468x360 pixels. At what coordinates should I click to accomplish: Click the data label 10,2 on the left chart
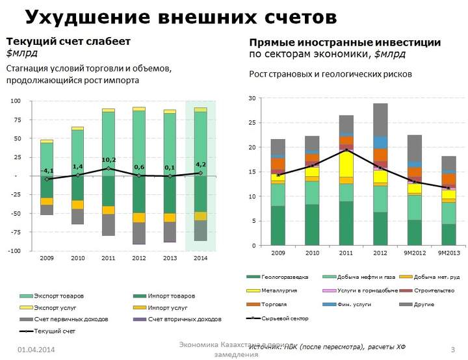coord(109,160)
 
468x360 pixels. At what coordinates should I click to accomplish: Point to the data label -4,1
coord(47,171)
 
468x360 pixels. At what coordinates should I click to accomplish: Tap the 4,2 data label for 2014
coord(201,164)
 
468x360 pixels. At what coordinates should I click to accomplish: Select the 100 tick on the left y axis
coord(16,101)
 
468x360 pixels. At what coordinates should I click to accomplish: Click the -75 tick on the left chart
coord(15,232)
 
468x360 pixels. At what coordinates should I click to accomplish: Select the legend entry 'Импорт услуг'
coord(168,307)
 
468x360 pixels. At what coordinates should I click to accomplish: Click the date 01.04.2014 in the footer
coord(36,350)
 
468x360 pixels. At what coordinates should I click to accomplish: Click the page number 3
coord(452,350)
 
